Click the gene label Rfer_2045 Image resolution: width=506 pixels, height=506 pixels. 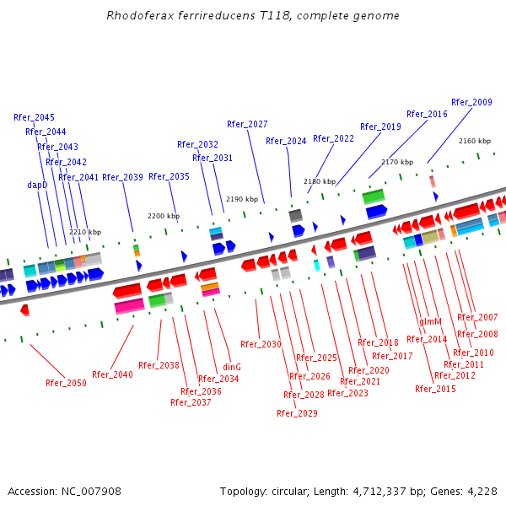click(x=34, y=117)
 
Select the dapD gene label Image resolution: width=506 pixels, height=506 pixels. click(x=37, y=185)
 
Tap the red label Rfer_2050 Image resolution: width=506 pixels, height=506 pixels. click(x=66, y=383)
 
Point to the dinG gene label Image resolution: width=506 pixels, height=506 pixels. click(x=232, y=367)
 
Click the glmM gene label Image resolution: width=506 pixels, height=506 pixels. click(x=430, y=322)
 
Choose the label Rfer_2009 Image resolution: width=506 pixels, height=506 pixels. click(x=471, y=102)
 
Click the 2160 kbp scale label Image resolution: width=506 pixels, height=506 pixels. click(x=474, y=141)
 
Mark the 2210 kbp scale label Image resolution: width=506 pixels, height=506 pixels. click(x=85, y=232)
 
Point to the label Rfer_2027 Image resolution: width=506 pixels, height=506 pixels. click(x=247, y=124)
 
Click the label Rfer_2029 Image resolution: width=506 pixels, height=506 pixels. click(x=297, y=413)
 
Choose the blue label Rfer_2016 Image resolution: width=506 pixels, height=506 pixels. click(x=427, y=114)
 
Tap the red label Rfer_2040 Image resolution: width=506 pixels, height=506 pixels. click(x=112, y=374)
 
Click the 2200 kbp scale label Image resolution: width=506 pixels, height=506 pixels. click(x=163, y=216)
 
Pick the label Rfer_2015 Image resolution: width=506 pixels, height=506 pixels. click(x=435, y=389)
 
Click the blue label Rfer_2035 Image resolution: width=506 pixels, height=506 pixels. click(x=169, y=176)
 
